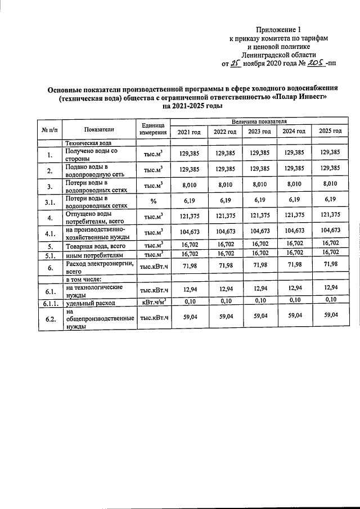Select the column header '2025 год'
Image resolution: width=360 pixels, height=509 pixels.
[330, 131]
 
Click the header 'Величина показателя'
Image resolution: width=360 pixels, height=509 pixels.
[259, 121]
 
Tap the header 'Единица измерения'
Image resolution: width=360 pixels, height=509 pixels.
[154, 129]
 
